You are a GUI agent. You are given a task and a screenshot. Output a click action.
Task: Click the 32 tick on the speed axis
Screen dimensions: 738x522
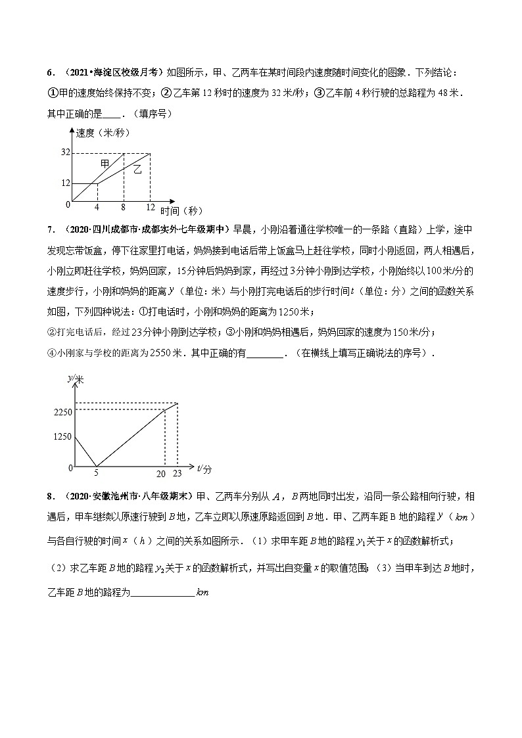(x=66, y=153)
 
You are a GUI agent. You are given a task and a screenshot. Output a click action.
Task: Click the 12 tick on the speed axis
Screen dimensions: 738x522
(x=66, y=183)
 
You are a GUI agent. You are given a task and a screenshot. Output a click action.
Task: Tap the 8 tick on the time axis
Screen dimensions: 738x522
(x=124, y=208)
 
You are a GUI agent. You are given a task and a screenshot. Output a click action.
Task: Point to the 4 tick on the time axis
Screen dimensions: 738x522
(x=97, y=208)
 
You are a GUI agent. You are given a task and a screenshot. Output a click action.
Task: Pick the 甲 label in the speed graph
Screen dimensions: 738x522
(x=105, y=163)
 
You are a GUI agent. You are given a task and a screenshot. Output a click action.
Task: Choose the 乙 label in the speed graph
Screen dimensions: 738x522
(x=137, y=169)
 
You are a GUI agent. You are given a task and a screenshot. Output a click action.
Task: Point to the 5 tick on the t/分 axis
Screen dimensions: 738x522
(x=97, y=473)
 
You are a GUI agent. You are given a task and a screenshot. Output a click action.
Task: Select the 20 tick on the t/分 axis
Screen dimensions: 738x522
(x=162, y=473)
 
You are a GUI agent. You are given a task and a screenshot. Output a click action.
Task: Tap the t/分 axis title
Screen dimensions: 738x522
(x=204, y=469)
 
